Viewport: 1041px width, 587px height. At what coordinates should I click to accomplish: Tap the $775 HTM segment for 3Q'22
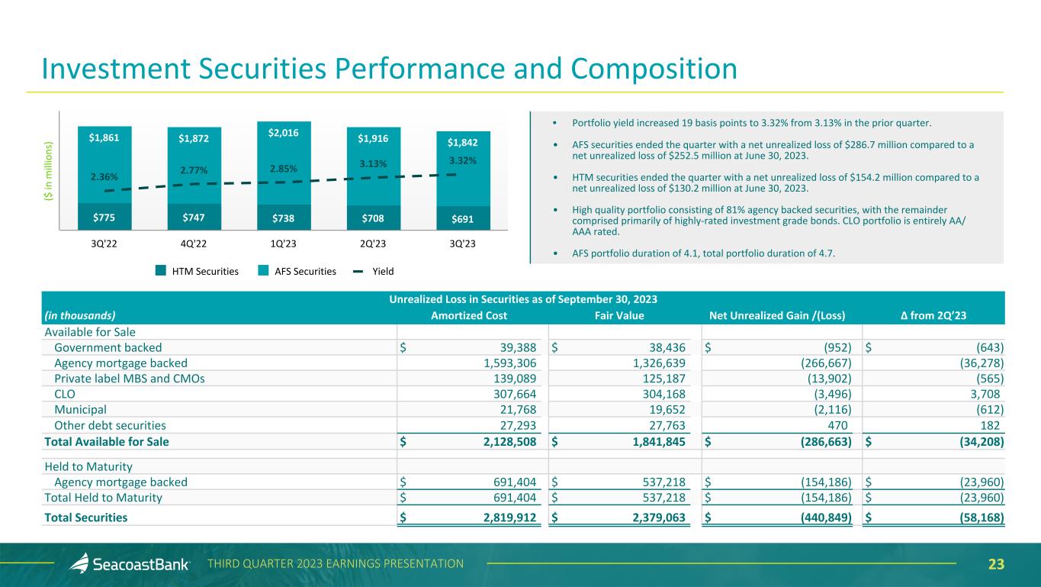pyautogui.click(x=104, y=216)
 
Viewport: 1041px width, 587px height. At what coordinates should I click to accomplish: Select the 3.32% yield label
pyautogui.click(x=462, y=161)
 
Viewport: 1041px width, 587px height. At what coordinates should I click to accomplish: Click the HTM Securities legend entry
pyautogui.click(x=197, y=270)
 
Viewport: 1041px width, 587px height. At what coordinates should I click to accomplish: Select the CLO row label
pyautogui.click(x=66, y=394)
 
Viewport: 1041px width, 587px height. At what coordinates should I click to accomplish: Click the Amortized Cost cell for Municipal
pyautogui.click(x=515, y=410)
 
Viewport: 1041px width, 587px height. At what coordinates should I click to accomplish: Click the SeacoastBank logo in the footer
pyautogui.click(x=133, y=564)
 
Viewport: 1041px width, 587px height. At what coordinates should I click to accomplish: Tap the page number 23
pyautogui.click(x=996, y=564)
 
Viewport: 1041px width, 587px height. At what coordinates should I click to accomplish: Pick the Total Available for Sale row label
pyautogui.click(x=107, y=441)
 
